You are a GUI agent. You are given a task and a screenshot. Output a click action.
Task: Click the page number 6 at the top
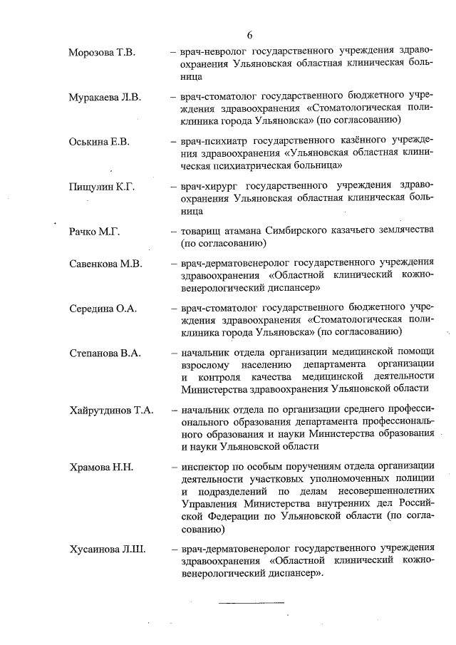click(x=250, y=36)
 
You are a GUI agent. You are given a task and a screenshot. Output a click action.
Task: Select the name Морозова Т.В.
click(x=103, y=53)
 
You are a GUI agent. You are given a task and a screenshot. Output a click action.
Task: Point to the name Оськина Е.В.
click(x=100, y=143)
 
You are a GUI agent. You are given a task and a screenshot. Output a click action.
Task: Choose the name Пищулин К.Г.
click(x=103, y=187)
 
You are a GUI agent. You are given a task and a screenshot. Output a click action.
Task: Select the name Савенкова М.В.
click(x=106, y=264)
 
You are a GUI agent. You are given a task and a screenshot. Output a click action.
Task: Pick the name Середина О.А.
click(x=103, y=309)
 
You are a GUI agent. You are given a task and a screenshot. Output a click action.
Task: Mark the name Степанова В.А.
click(x=105, y=354)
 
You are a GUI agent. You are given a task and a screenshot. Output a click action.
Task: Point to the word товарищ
click(x=204, y=232)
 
